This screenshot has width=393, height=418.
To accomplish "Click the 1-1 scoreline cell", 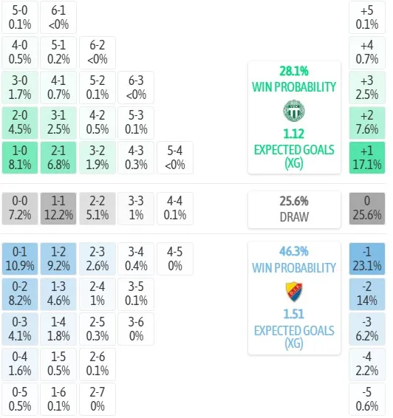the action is click(x=58, y=208).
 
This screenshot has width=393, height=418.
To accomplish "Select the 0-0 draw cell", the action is click(x=20, y=208).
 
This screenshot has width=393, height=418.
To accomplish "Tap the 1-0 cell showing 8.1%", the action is click(x=20, y=158).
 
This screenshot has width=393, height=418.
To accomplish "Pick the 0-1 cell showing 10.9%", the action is click(x=20, y=258).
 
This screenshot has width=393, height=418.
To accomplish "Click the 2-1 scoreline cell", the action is click(x=58, y=158).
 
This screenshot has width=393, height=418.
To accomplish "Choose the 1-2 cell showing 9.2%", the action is click(x=58, y=258).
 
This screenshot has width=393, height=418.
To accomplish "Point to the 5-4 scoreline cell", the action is click(x=175, y=158).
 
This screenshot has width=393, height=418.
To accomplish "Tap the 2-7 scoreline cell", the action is click(x=98, y=399).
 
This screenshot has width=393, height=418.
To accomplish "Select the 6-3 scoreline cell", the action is click(x=136, y=87).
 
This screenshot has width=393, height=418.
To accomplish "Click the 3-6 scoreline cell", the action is click(x=136, y=329).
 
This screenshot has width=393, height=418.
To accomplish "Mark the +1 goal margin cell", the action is click(x=367, y=158).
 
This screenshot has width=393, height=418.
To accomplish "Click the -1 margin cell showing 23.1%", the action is click(x=367, y=258).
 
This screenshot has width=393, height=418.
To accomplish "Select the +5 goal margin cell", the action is click(x=367, y=17).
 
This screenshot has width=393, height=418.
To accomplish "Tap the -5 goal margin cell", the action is click(x=367, y=399).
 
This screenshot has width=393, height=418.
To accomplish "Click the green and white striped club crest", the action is click(x=294, y=111).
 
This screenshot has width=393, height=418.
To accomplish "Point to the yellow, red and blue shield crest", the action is click(x=294, y=292).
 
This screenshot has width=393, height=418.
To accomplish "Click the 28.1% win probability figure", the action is click(x=294, y=71).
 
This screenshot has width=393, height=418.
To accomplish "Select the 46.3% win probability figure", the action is click(x=294, y=251).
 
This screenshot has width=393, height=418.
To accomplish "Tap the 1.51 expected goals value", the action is click(x=294, y=314).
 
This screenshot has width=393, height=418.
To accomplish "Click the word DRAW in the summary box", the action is click(x=294, y=217).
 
